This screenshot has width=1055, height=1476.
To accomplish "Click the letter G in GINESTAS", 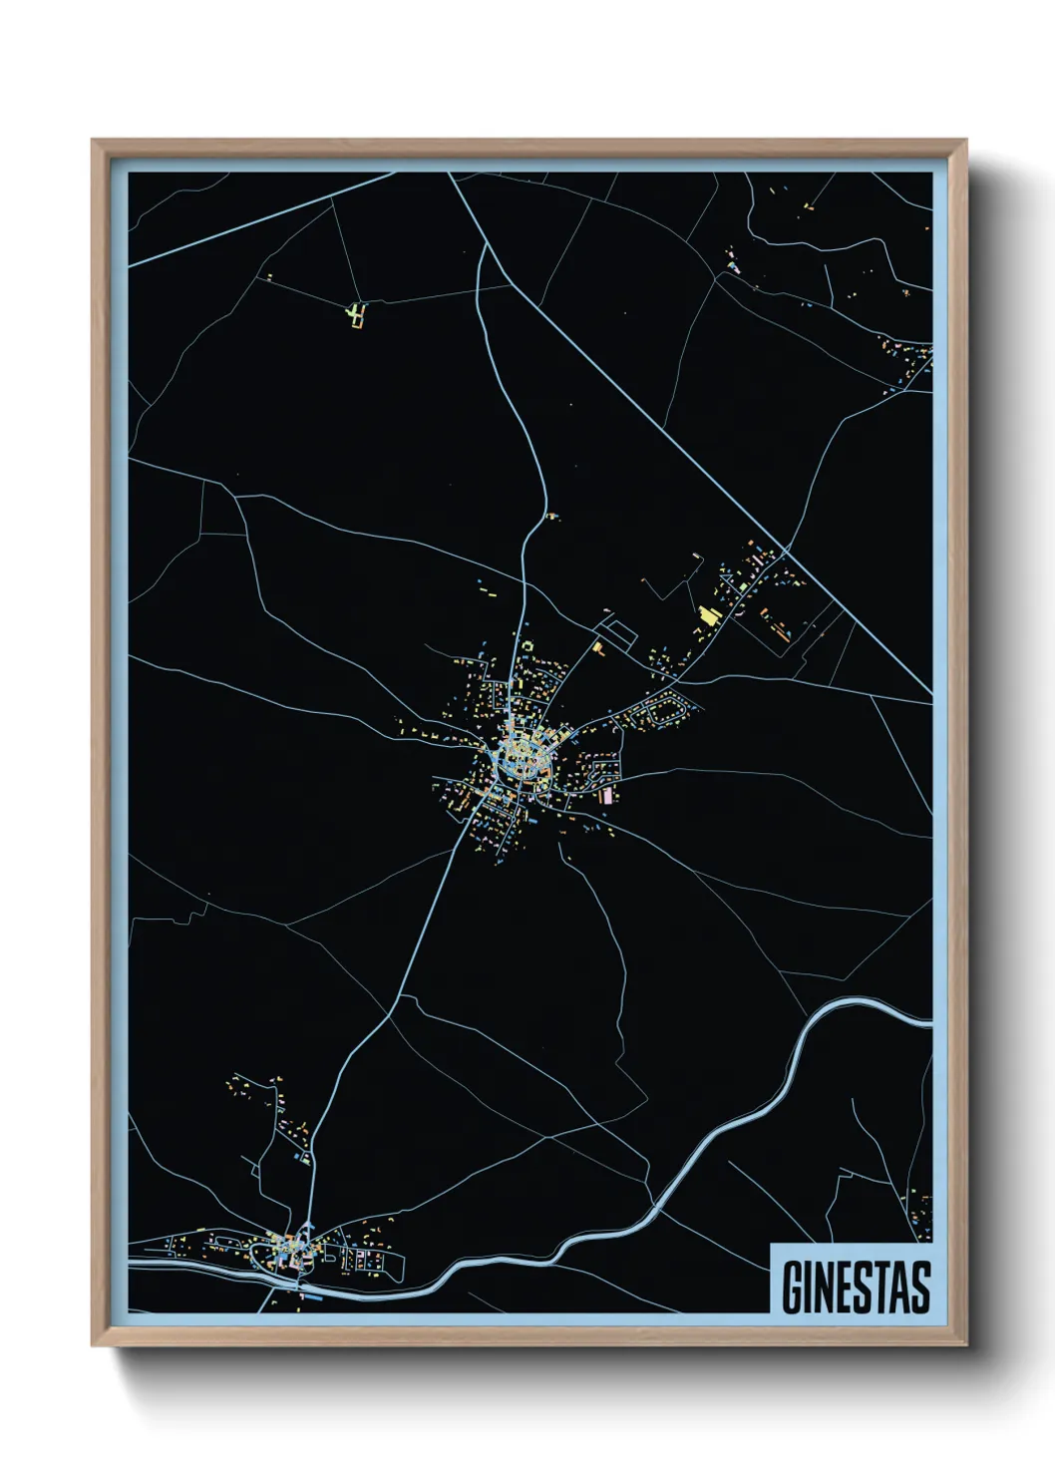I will pyautogui.click(x=793, y=1288).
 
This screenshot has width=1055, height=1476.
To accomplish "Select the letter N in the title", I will pyautogui.click(x=826, y=1288).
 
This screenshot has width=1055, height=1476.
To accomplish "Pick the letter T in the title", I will pyautogui.click(x=881, y=1288).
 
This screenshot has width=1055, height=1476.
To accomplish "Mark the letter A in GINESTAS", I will pyautogui.click(x=900, y=1288).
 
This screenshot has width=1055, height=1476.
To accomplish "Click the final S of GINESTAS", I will pyautogui.click(x=920, y=1288).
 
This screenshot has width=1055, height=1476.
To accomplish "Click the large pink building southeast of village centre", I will pyautogui.click(x=605, y=795).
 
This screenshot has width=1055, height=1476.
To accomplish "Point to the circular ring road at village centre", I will pyautogui.click(x=525, y=763).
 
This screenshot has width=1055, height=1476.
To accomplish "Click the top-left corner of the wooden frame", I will pyautogui.click(x=93, y=141).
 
